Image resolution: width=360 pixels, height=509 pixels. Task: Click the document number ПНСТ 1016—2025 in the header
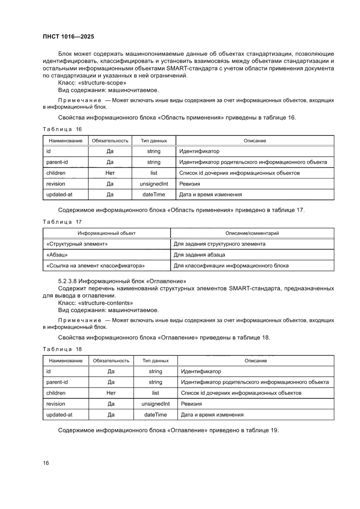(68, 37)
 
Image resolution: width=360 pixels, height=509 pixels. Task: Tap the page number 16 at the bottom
(46, 463)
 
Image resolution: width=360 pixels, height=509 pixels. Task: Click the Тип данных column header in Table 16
(154, 141)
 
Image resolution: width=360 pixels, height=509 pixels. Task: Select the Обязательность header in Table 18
(111, 361)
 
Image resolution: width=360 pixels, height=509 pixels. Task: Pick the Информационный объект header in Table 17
(107, 233)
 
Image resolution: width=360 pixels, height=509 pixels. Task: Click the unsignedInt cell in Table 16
(154, 184)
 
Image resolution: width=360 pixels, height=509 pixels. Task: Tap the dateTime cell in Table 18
(155, 415)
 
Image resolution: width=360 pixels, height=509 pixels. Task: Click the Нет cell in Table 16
(110, 173)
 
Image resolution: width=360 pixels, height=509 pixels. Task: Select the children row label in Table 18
(56, 393)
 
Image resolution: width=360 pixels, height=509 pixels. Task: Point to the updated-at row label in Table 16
(59, 195)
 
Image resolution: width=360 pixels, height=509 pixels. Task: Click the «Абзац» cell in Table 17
(57, 255)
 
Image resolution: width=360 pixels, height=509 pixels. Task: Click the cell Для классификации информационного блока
(231, 265)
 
